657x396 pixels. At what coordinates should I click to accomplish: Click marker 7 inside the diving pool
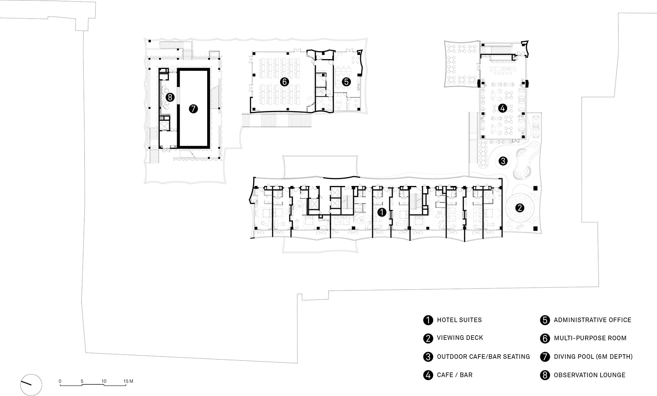(193, 109)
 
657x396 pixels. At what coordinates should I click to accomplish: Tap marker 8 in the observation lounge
(169, 97)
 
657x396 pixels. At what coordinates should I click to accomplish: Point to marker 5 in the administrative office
(346, 82)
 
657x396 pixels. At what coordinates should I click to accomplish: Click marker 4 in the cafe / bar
(502, 108)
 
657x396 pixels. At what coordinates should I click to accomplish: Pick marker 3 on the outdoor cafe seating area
(503, 160)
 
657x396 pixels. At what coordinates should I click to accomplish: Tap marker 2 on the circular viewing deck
(520, 208)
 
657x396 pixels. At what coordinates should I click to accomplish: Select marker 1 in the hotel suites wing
(381, 212)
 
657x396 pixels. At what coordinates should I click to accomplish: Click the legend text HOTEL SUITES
(459, 320)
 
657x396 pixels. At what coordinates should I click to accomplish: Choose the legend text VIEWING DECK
(460, 338)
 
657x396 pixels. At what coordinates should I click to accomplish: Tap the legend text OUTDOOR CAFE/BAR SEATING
(483, 357)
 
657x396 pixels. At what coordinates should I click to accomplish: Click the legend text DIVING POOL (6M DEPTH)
(593, 357)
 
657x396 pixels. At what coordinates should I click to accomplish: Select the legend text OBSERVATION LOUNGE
(589, 375)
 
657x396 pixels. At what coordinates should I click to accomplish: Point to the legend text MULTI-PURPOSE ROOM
(590, 338)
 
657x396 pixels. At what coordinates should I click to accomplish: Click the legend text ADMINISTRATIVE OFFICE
(592, 320)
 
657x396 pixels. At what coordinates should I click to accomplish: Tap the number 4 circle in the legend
(428, 375)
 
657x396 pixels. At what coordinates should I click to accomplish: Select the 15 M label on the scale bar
(128, 381)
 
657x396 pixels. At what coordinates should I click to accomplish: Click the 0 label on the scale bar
(60, 381)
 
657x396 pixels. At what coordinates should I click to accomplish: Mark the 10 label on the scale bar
(104, 381)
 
